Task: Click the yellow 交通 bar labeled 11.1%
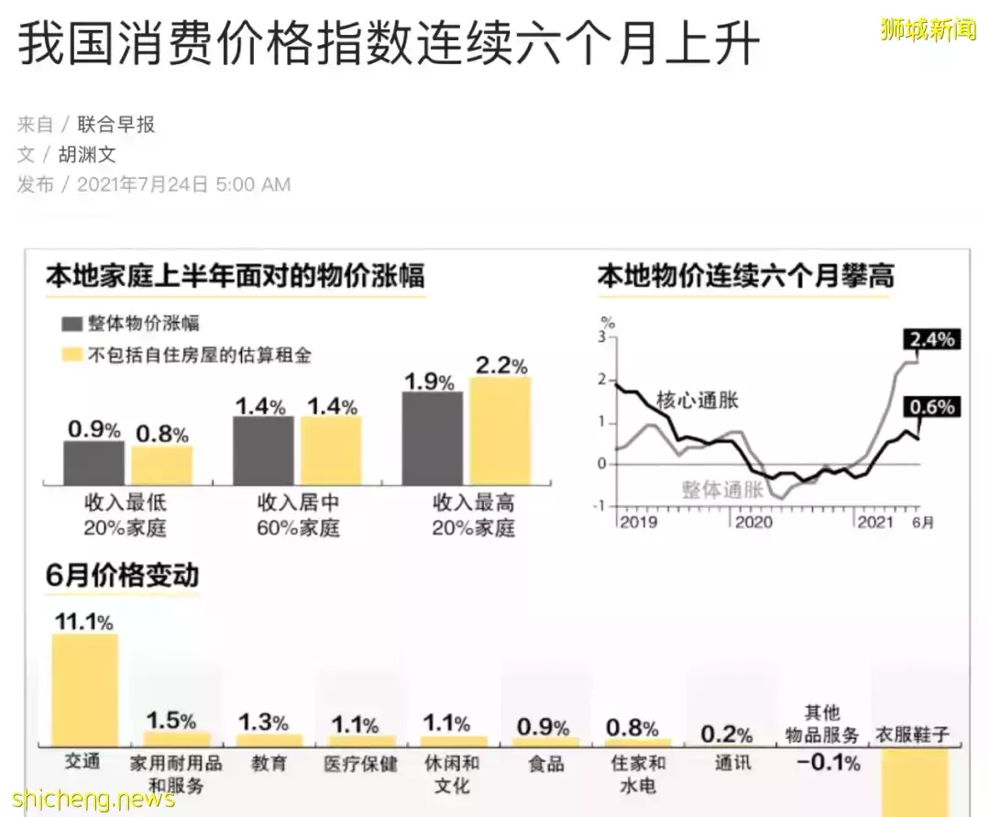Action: click(84, 690)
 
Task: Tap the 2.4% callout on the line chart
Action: click(931, 340)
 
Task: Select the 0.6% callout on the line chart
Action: click(931, 407)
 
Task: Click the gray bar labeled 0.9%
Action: click(93, 463)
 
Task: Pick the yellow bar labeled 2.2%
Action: click(500, 431)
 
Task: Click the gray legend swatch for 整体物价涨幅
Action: click(72, 324)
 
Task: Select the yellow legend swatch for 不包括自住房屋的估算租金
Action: click(72, 355)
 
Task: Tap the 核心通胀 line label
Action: click(697, 400)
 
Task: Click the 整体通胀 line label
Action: click(722, 489)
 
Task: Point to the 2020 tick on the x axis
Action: click(753, 522)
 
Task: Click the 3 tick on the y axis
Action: click(603, 337)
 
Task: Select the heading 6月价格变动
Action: click(122, 576)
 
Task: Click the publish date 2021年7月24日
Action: click(143, 184)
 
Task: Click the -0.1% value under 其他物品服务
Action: click(827, 762)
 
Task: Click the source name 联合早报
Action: click(115, 125)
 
